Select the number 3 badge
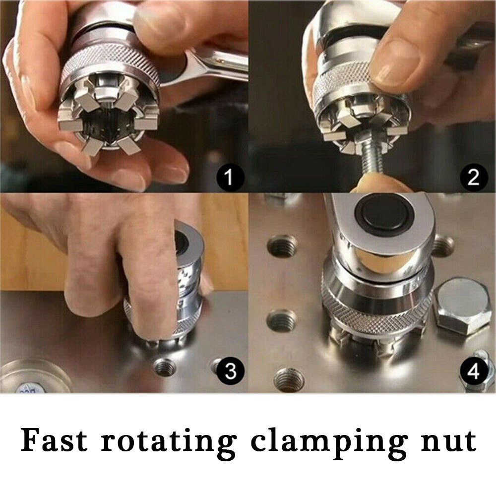[231, 371]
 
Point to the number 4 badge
[474, 371]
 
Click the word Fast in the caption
[54, 440]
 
